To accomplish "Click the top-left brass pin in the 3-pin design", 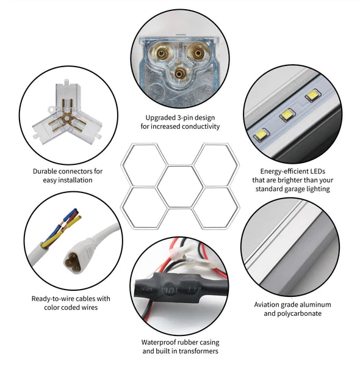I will coord(162,54).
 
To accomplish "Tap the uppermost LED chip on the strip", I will coord(312,95).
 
